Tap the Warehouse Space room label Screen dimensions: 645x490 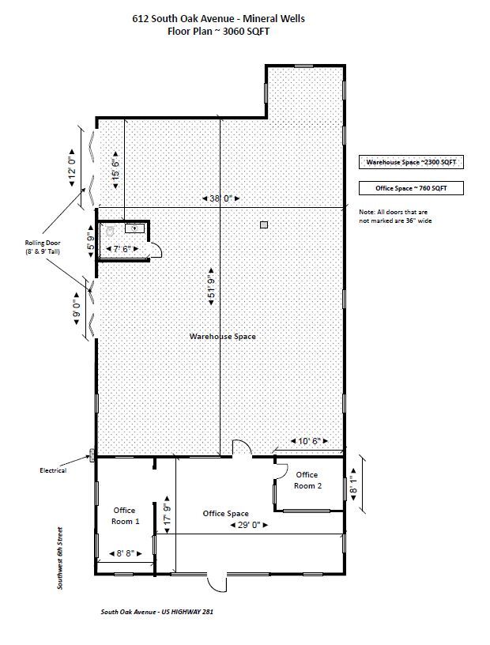coord(222,337)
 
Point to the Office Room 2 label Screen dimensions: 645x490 coord(307,480)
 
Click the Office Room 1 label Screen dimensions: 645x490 coord(126,515)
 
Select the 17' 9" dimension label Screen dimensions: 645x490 coord(167,515)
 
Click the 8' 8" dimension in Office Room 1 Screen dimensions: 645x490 coord(124,553)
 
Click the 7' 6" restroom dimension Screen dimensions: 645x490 coord(123,250)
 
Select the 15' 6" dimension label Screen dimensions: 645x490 coord(115,164)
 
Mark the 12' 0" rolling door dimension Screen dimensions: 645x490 coord(73,164)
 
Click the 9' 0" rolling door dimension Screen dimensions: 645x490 coord(76,304)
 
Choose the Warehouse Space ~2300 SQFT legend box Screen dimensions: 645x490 coord(411,162)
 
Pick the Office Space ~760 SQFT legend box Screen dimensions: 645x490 coord(411,188)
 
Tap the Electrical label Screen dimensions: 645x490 coord(53,470)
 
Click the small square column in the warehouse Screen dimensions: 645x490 coord(264,225)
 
